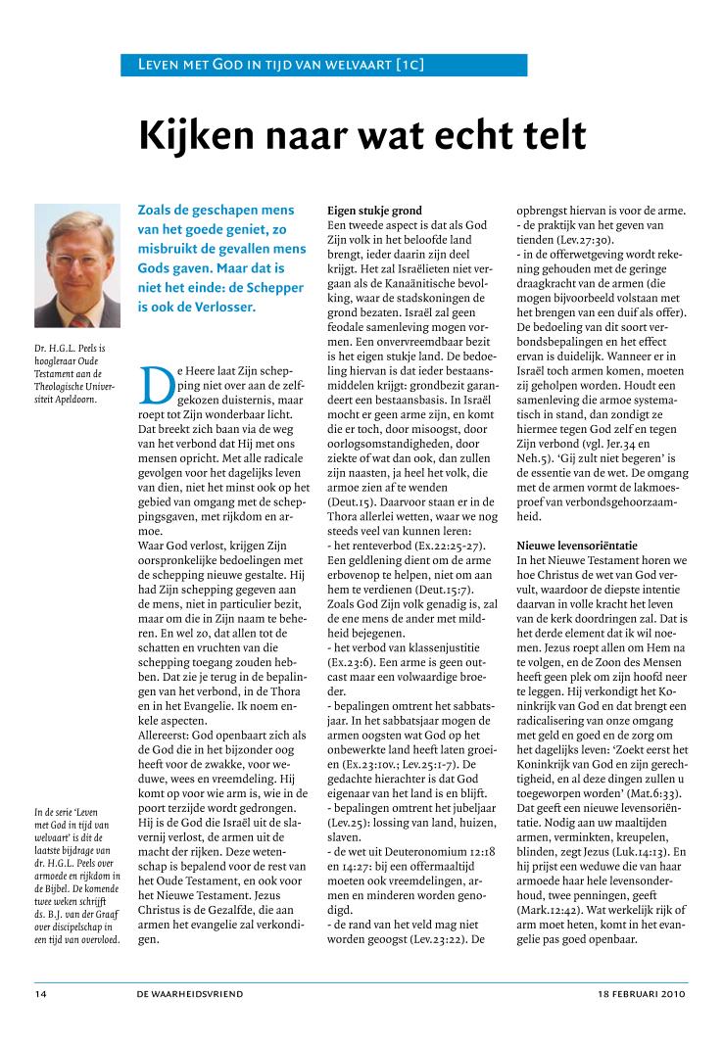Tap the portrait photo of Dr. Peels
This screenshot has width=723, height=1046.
click(x=77, y=264)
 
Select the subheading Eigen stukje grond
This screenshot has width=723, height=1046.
click(x=374, y=211)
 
